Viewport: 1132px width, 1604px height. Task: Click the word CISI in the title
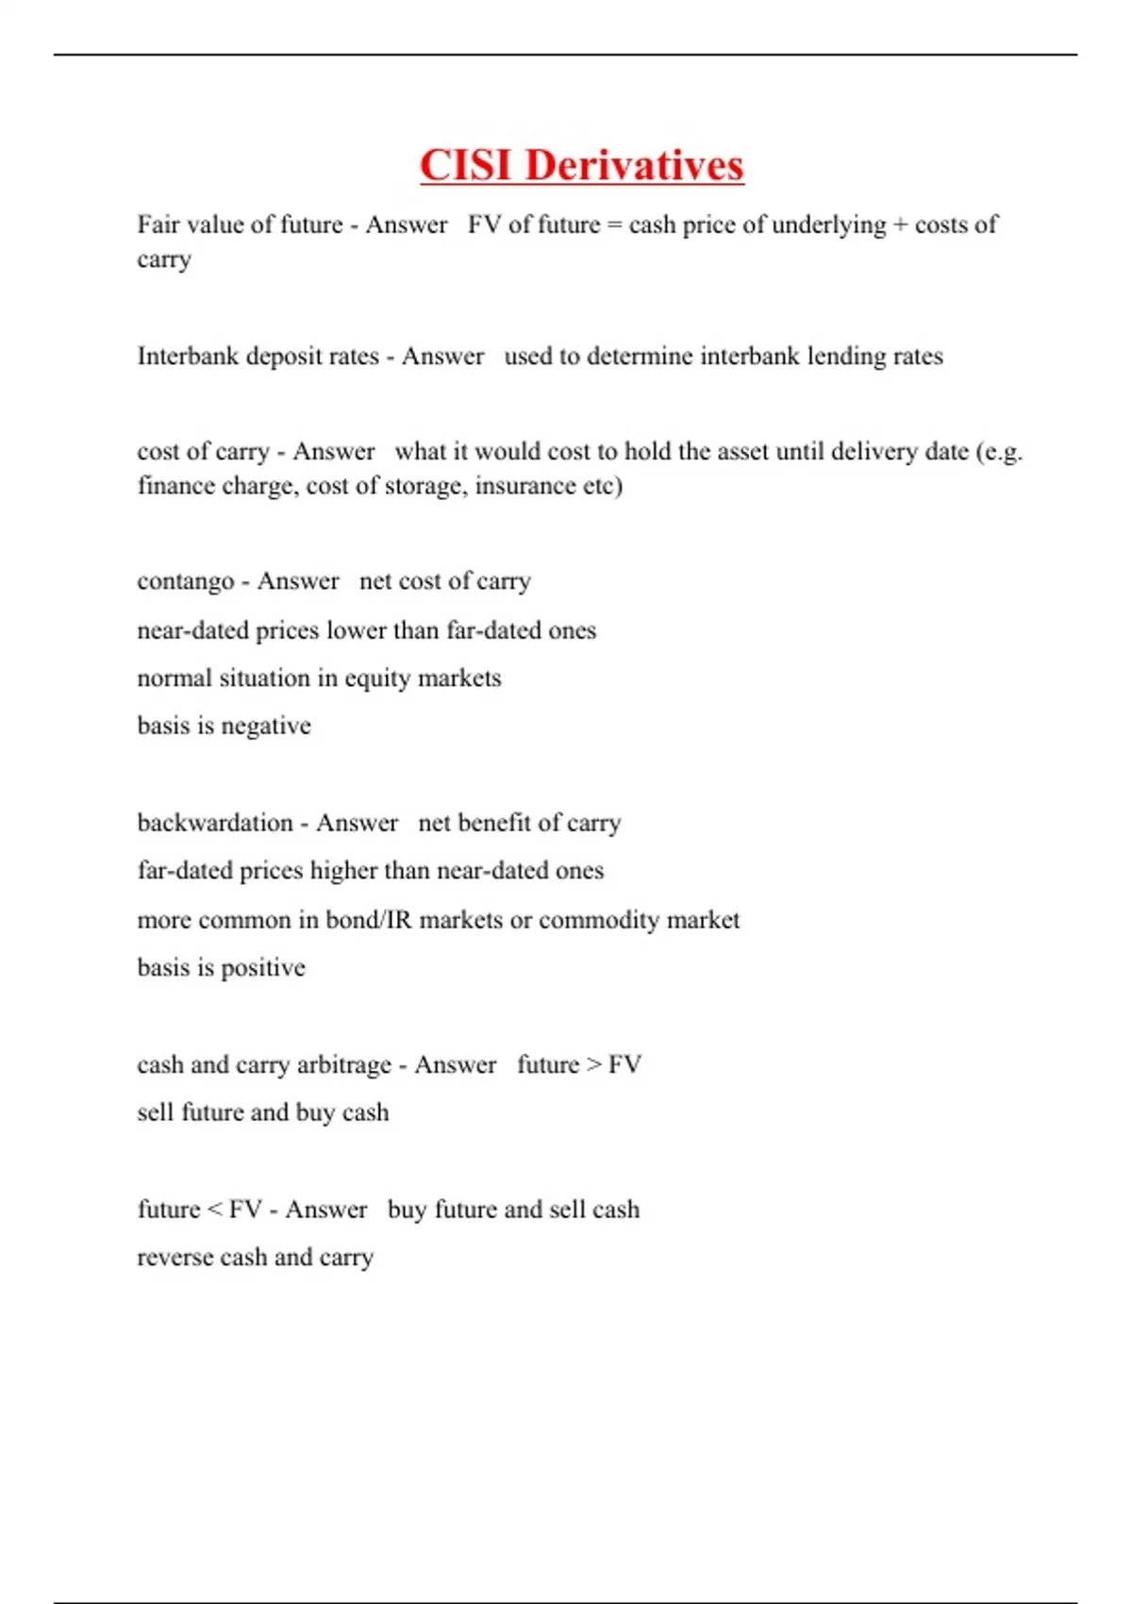coord(467,165)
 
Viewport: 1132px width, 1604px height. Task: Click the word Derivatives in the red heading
coord(634,165)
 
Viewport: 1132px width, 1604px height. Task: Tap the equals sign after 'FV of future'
coord(615,226)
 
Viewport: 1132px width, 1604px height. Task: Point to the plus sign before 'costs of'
coord(901,226)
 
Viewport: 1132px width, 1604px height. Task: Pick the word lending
coord(846,357)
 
